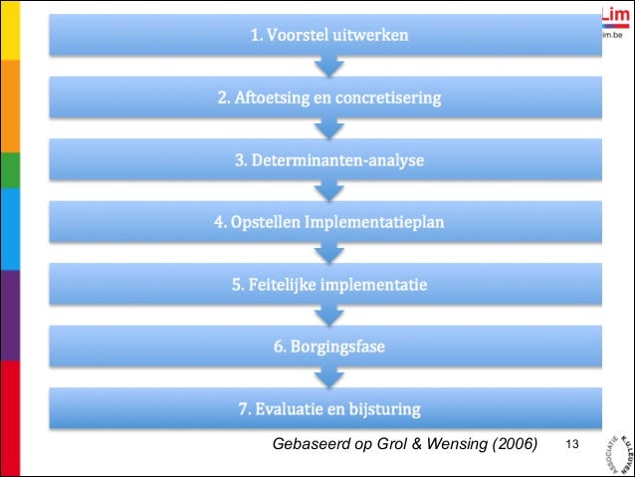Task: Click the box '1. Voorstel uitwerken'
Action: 328,36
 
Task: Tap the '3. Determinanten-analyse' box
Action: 328,160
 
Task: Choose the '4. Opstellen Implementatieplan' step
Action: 328,222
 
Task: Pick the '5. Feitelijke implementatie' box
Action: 328,285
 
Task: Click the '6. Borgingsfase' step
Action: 328,347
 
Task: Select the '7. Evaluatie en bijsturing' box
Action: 328,408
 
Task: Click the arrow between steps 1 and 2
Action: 329,67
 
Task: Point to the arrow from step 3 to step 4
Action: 329,191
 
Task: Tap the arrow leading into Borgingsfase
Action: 329,316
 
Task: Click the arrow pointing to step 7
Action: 329,377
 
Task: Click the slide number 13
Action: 571,442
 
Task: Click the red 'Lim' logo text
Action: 616,13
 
